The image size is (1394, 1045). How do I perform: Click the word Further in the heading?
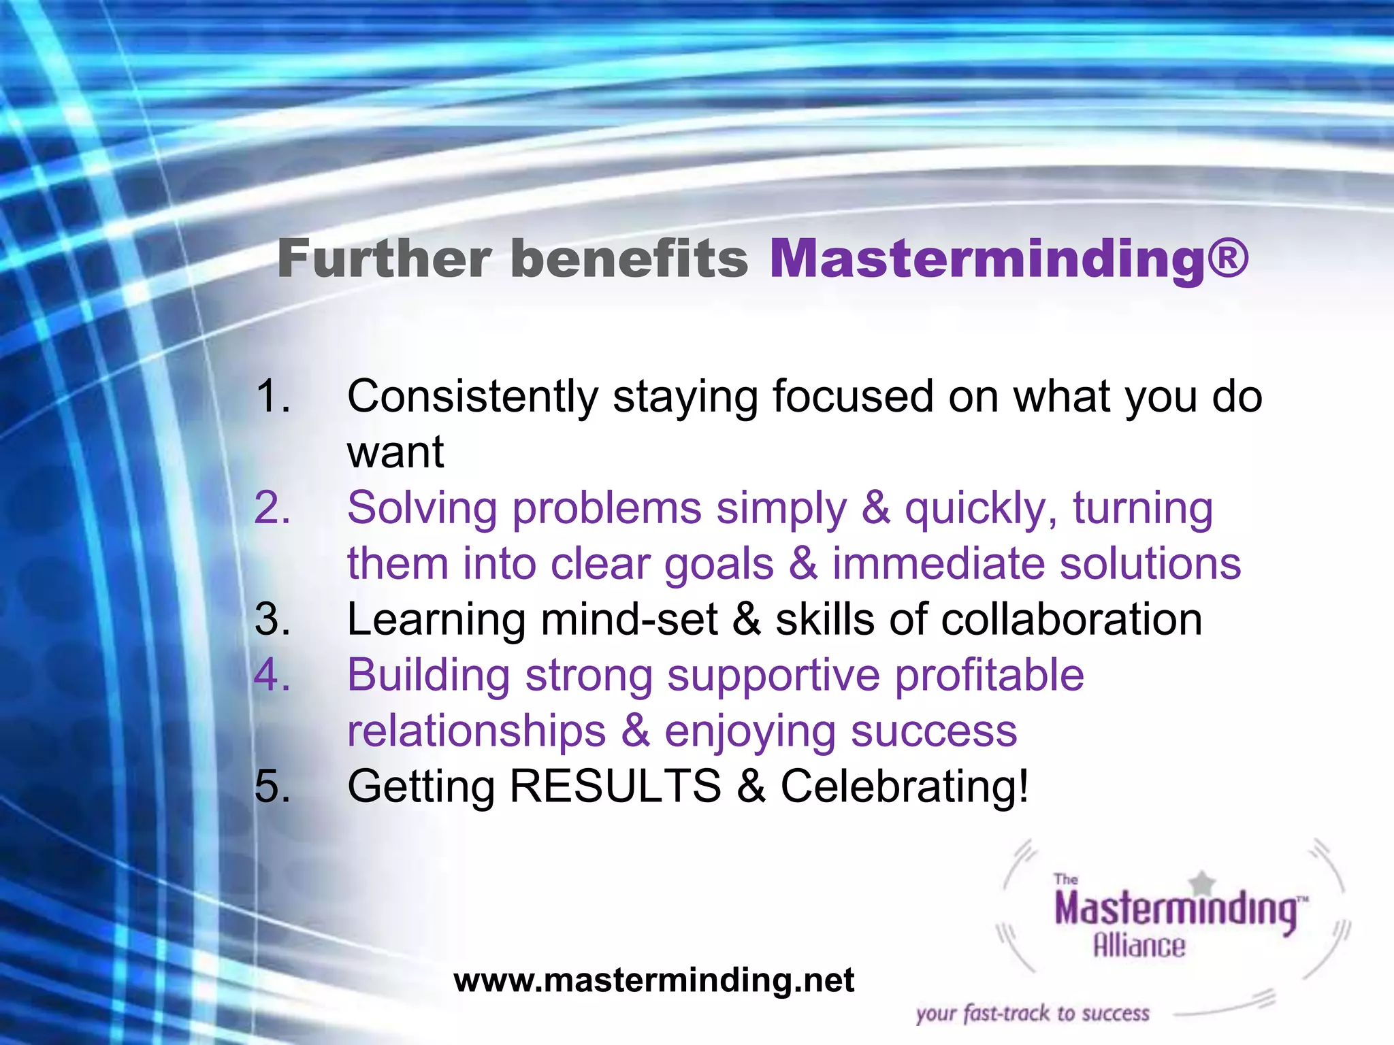tap(385, 260)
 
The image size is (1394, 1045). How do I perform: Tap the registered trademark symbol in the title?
tap(1229, 259)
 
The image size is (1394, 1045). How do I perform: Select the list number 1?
tap(272, 397)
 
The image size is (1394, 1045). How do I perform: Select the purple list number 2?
tap(272, 508)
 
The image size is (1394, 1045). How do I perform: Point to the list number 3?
tap(272, 620)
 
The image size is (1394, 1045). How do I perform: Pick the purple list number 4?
tap(272, 676)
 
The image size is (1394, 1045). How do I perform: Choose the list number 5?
tap(272, 786)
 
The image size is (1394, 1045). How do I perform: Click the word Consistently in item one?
tap(472, 397)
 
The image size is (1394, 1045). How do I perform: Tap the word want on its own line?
tap(395, 452)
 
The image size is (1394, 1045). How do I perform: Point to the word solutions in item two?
tap(1150, 564)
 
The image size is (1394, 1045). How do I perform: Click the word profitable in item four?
tap(989, 676)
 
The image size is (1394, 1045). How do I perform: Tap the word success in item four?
tap(934, 731)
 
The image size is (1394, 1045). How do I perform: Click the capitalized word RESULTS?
tap(615, 786)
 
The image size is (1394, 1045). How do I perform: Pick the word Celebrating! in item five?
tap(905, 786)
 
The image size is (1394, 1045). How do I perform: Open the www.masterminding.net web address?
tap(653, 980)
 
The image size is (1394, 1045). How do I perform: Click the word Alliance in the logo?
tap(1139, 946)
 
